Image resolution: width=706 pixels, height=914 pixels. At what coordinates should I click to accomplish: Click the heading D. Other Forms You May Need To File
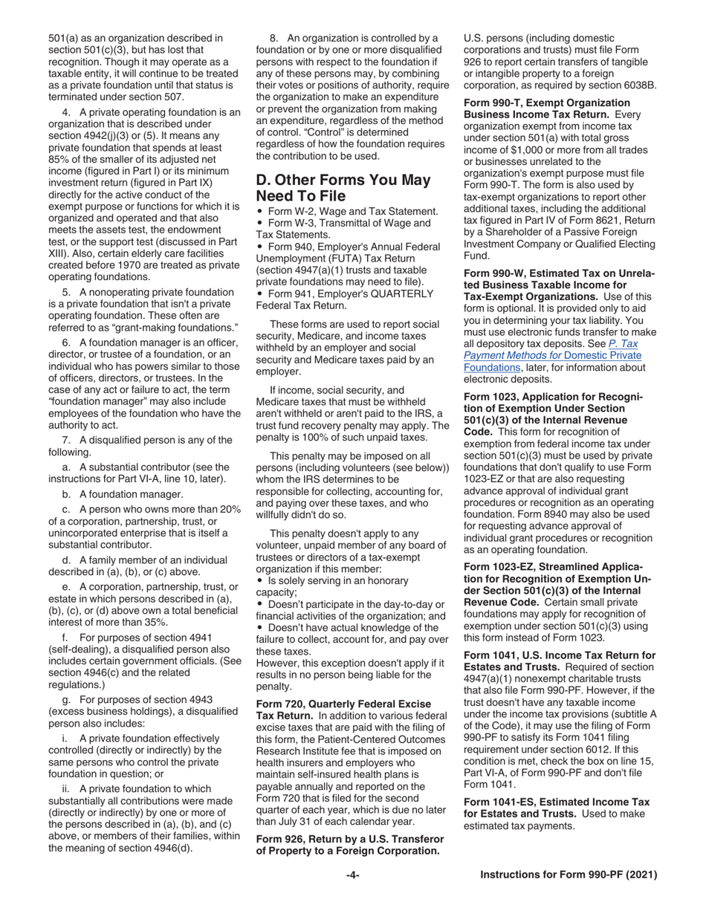pos(343,187)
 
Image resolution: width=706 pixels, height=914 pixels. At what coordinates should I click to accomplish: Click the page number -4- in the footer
pos(353,875)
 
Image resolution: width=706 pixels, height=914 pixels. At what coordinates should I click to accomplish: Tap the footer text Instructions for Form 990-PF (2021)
pos(569,875)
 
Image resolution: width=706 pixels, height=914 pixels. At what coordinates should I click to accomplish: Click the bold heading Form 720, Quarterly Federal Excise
pos(343,703)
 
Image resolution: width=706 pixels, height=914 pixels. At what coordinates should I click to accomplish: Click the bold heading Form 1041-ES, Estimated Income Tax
pos(556,802)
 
